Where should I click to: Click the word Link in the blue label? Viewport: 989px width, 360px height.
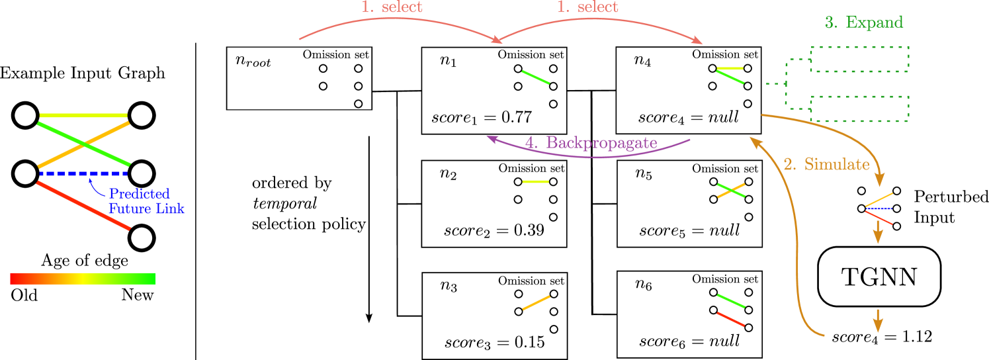(170, 209)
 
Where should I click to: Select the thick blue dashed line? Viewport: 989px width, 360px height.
(83, 173)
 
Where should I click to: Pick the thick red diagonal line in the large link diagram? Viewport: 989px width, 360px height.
(83, 205)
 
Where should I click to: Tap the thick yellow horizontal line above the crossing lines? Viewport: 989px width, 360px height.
(83, 115)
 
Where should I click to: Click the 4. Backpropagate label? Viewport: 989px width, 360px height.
(591, 143)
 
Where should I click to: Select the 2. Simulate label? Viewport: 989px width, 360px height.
(826, 165)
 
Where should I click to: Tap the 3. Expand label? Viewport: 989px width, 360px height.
(864, 22)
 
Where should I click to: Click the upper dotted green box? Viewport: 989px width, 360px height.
(859, 59)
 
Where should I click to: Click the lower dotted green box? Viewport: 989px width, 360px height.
(859, 109)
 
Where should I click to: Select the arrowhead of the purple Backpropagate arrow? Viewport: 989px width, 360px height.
(491, 138)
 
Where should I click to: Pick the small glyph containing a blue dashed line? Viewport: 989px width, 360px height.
(879, 208)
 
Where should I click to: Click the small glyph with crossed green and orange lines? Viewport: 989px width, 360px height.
(731, 191)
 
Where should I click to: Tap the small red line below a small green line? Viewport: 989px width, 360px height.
(731, 319)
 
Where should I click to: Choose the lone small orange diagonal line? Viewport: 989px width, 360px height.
(536, 302)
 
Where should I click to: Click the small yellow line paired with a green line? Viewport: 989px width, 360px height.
(730, 68)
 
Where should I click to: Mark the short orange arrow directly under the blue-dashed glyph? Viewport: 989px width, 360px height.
(878, 232)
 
